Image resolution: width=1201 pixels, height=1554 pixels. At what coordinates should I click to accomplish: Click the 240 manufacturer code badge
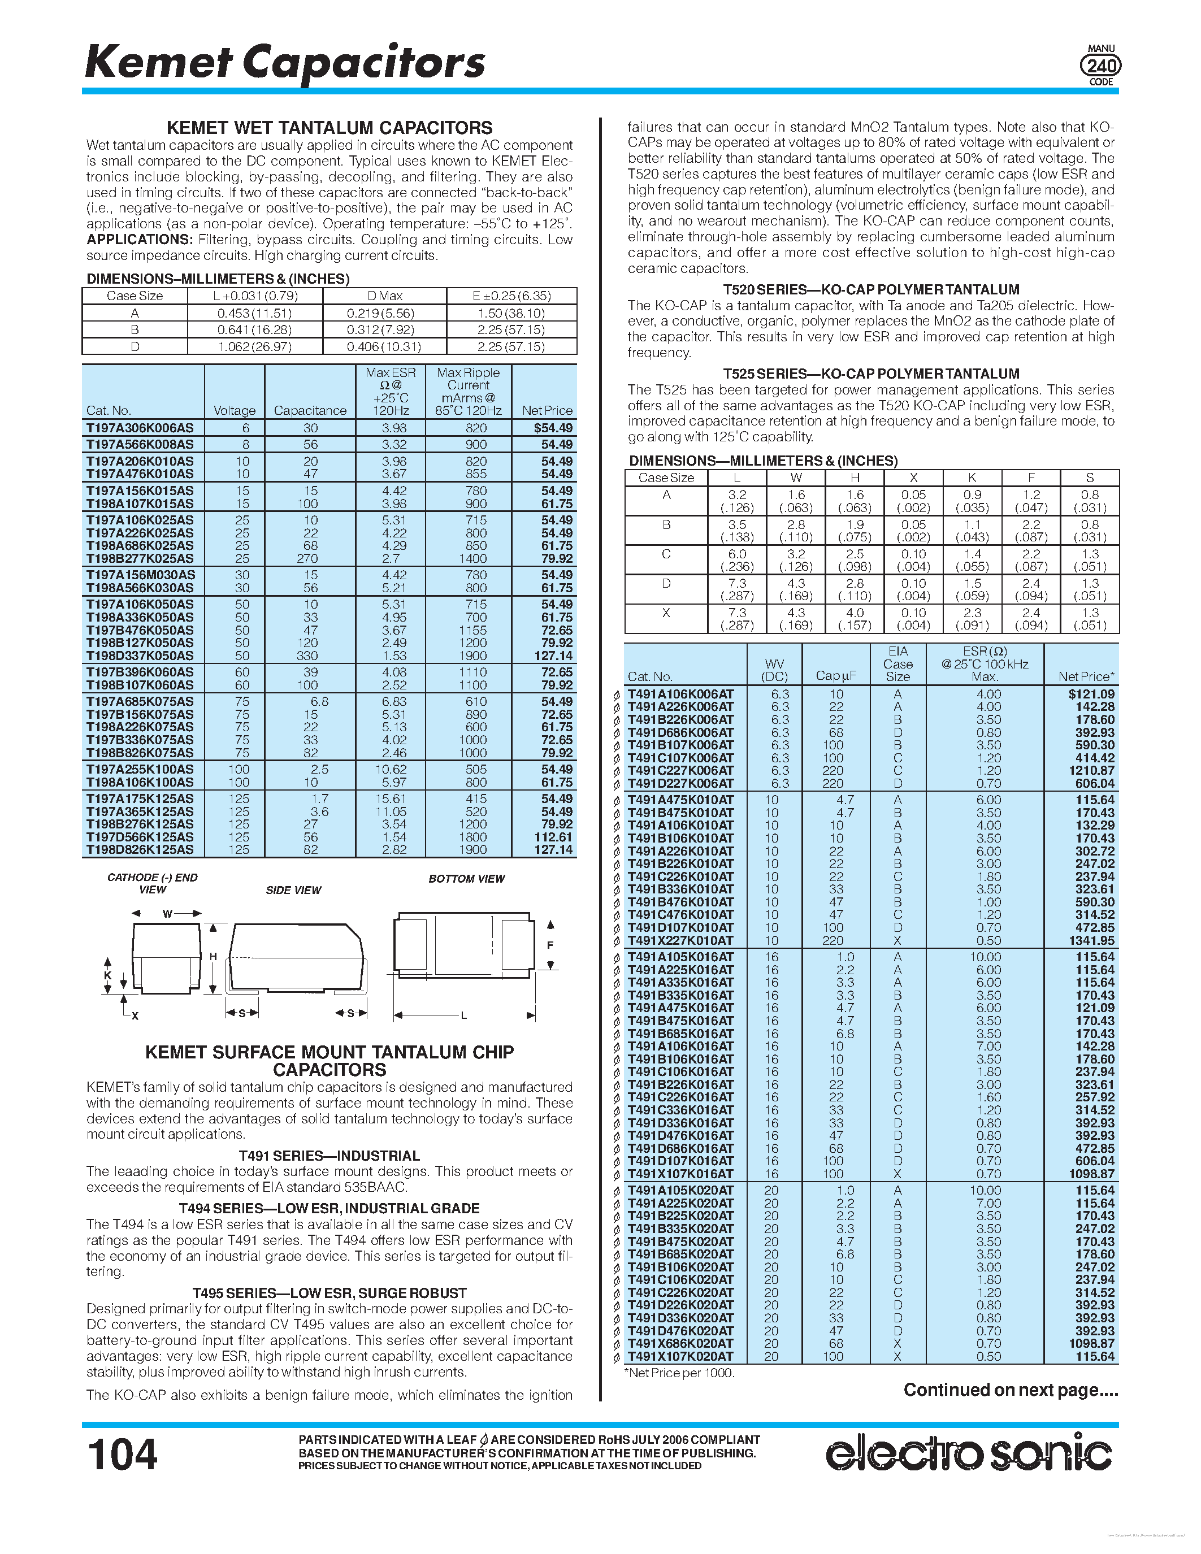click(1100, 66)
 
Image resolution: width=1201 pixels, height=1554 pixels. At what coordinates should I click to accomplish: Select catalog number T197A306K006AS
click(140, 428)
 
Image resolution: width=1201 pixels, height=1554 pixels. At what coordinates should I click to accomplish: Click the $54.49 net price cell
click(553, 428)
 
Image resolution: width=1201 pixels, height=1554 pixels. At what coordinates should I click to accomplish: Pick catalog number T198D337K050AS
click(140, 656)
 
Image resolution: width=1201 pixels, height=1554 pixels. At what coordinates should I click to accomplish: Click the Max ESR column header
click(391, 392)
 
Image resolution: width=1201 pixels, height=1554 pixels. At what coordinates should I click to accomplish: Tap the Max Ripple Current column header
click(468, 392)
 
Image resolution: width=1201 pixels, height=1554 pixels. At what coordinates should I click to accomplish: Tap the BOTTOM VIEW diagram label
click(466, 879)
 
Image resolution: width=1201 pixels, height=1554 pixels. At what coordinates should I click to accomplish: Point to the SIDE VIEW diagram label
click(293, 890)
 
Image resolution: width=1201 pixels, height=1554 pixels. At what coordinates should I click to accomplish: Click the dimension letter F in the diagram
click(550, 945)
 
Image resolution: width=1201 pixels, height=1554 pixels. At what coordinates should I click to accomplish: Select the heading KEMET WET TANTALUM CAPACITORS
click(329, 128)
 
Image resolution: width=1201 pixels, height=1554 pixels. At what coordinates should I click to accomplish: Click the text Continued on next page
click(1011, 1390)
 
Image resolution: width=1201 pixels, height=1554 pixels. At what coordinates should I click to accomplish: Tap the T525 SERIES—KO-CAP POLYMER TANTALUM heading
click(871, 374)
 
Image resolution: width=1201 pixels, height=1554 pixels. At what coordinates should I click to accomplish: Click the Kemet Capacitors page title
click(285, 63)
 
